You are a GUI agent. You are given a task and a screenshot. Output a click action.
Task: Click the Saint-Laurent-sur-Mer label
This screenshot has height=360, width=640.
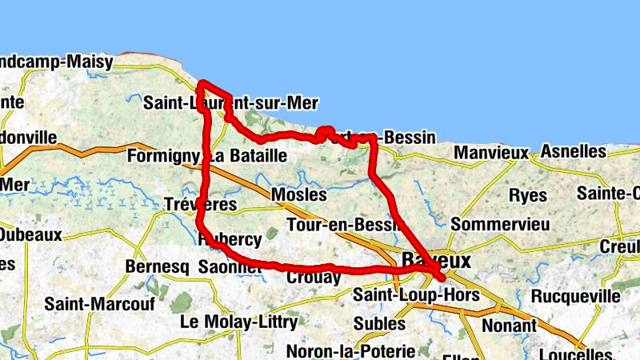tap(230, 103)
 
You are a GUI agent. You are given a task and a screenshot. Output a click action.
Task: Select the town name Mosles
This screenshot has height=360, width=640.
tap(299, 195)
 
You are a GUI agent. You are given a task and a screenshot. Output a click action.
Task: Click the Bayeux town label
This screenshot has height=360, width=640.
tap(437, 261)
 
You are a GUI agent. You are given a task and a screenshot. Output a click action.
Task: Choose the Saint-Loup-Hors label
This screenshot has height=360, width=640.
tap(416, 295)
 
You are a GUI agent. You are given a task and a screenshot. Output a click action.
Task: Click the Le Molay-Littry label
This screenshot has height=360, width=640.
tap(239, 322)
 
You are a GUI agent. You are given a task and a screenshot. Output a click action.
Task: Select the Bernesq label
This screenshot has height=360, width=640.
tap(158, 266)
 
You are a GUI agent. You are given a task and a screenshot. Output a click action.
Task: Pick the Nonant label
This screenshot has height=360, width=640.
tap(509, 326)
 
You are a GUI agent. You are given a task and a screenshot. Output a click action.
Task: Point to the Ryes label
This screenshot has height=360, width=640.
tap(528, 195)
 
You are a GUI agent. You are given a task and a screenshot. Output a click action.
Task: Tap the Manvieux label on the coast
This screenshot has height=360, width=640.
tap(491, 152)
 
